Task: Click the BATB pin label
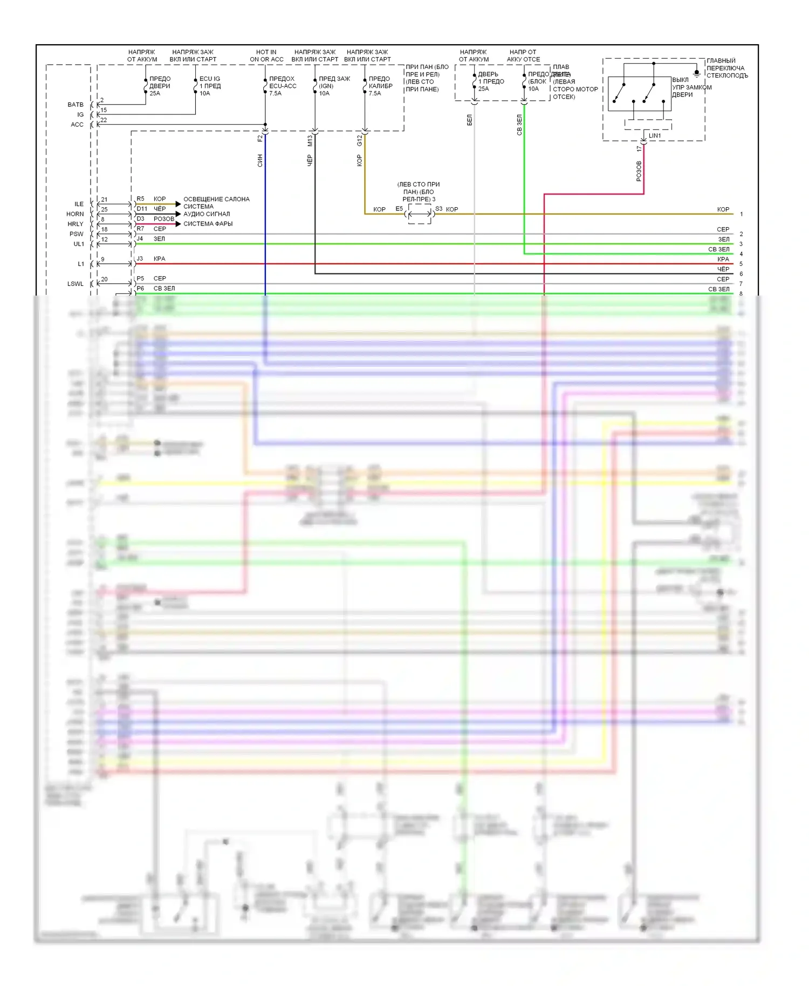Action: [76, 105]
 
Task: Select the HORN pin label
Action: [75, 214]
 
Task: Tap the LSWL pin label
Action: [75, 284]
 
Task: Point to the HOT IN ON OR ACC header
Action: [266, 56]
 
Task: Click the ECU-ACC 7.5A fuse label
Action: [282, 86]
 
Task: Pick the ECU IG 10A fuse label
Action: [210, 86]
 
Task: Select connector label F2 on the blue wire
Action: [260, 139]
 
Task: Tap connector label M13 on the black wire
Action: [310, 141]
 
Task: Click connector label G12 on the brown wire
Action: [359, 141]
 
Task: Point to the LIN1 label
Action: [655, 136]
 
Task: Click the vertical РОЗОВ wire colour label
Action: [639, 171]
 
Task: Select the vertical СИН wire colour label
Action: [260, 160]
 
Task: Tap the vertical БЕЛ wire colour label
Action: [469, 120]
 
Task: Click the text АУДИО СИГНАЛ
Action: [207, 214]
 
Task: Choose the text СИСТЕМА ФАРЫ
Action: [208, 224]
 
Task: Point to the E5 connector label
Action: [399, 209]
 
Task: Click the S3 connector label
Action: [438, 209]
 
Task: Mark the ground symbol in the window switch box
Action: [696, 73]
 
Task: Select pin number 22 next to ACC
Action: [104, 120]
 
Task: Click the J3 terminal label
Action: [140, 259]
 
